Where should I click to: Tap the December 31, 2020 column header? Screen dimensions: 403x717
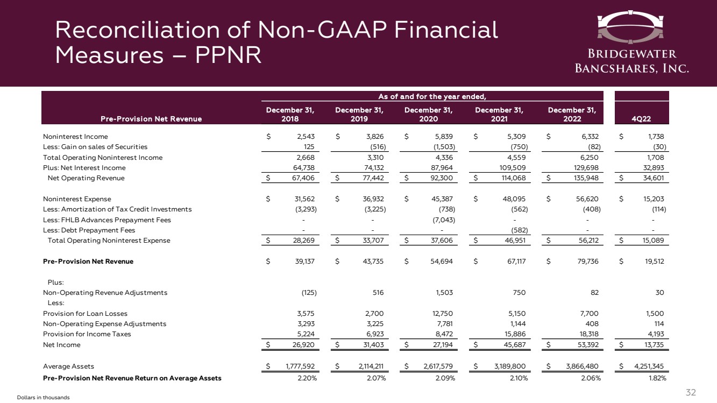point(429,114)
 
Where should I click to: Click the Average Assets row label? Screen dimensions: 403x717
point(68,366)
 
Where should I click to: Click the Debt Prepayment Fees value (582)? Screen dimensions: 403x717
point(518,230)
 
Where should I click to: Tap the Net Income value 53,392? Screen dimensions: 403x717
point(586,344)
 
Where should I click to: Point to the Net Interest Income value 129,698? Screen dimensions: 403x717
point(584,168)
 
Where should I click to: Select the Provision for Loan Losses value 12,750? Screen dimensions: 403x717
point(441,313)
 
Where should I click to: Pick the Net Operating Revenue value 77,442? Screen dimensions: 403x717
point(371,178)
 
